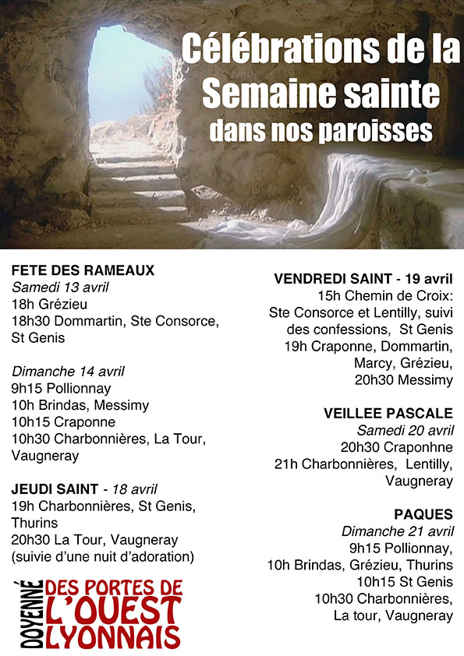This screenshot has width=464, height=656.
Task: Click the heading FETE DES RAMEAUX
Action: pos(83,270)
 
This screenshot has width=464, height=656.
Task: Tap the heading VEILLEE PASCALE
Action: pos(388,413)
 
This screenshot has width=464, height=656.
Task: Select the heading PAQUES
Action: pos(423,514)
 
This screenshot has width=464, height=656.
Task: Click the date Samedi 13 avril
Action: pos(58,287)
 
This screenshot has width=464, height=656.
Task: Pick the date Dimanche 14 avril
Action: pos(68,372)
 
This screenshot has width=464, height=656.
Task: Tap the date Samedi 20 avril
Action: pos(405,430)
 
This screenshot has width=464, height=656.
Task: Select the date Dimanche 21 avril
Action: pos(398,531)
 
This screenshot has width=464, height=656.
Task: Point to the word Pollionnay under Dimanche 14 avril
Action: pos(76,388)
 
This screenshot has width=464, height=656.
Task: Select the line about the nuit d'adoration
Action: pos(102,556)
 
